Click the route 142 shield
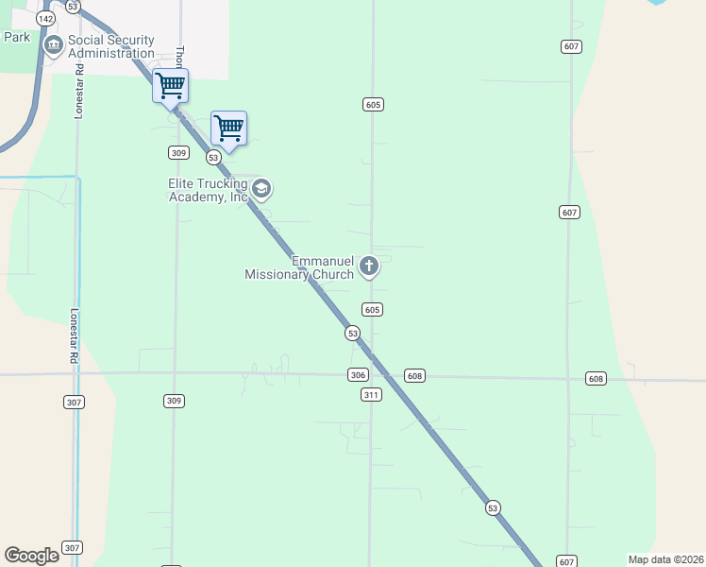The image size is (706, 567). [x=44, y=18]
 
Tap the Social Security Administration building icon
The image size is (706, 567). [x=54, y=43]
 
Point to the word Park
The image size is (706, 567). [x=17, y=37]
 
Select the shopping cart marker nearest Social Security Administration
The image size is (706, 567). [x=170, y=86]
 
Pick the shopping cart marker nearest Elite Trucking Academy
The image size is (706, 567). [x=229, y=129]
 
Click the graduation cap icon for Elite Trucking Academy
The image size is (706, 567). [x=261, y=190]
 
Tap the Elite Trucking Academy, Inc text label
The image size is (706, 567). [x=208, y=190]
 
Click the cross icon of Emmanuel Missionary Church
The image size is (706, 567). [x=369, y=267]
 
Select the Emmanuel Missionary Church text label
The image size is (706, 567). [x=299, y=267]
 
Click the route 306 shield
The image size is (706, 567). [x=357, y=375]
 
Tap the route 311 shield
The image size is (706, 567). [x=371, y=394]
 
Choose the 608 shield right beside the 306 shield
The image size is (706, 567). [x=414, y=376]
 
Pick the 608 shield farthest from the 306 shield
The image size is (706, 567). [x=595, y=379]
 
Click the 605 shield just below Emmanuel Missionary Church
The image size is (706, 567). [x=372, y=310]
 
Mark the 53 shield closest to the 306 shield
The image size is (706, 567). [x=352, y=333]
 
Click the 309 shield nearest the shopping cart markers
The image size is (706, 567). [x=178, y=152]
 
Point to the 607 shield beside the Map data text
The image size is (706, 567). [x=565, y=561]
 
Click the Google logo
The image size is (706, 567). [x=31, y=556]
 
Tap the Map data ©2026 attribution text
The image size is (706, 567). [x=665, y=559]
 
